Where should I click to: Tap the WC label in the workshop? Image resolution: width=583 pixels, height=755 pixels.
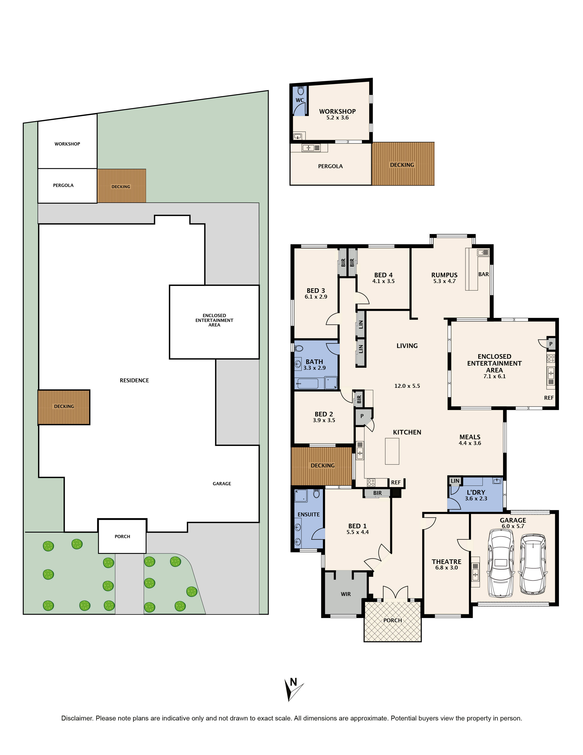(300, 100)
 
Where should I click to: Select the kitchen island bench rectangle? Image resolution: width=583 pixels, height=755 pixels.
(392, 451)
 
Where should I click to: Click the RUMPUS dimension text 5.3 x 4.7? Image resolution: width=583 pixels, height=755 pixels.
(444, 281)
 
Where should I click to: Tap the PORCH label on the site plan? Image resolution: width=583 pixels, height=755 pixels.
(122, 537)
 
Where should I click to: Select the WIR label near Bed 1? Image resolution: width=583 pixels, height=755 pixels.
(346, 594)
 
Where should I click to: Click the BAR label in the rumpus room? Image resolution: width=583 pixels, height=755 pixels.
(483, 274)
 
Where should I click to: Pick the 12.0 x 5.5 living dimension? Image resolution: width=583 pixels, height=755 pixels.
(407, 386)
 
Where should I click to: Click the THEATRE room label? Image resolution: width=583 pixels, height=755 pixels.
(446, 562)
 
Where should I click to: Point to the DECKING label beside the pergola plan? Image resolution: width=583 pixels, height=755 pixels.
(402, 165)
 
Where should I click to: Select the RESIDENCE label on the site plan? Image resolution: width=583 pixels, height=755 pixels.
(134, 380)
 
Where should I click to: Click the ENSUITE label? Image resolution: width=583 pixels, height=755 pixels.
(308, 514)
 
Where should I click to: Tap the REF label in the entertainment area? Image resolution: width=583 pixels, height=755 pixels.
(549, 398)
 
